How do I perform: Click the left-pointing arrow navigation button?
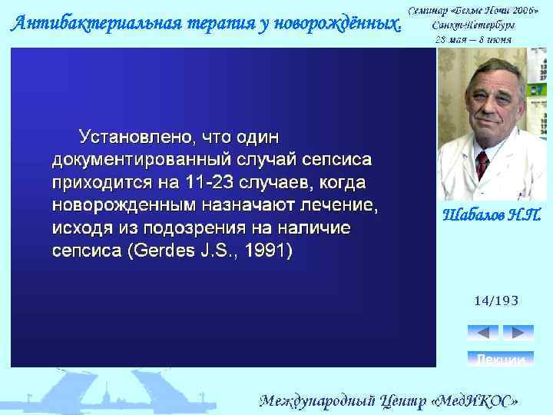pyautogui.click(x=482, y=333)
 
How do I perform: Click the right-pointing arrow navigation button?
pyautogui.click(x=518, y=333)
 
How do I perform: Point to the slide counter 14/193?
pyautogui.click(x=496, y=300)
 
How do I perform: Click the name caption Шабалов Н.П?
pyautogui.click(x=492, y=214)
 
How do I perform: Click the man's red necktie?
pyautogui.click(x=482, y=163)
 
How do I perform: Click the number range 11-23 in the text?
pyautogui.click(x=210, y=184)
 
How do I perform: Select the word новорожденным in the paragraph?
pyautogui.click(x=123, y=206)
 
